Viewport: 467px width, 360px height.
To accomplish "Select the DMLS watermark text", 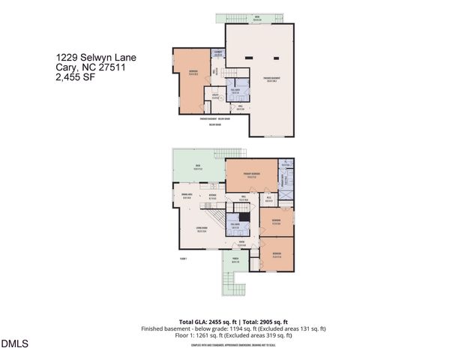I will [14, 344].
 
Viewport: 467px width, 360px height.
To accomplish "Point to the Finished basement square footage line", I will [233, 328].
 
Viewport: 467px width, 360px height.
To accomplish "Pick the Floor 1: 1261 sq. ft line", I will [233, 336].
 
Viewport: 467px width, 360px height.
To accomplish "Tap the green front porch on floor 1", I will [235, 262].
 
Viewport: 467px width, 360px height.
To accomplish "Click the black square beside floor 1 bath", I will [253, 216].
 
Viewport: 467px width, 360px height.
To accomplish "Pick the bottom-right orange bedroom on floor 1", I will [277, 256].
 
